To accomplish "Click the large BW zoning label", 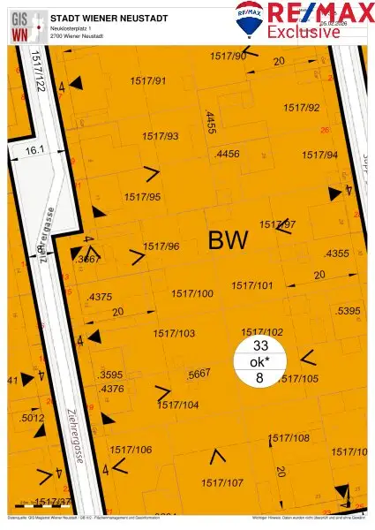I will pos(229,239).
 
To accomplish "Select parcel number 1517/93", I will pos(159,136).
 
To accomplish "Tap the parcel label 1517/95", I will pos(142,196).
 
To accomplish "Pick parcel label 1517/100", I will pos(191,292).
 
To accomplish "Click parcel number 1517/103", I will pos(174,333).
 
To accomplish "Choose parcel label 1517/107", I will pos(221,482).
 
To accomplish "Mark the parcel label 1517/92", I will pos(301,108).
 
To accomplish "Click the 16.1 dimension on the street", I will pos(34,151).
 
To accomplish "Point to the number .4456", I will pos(227,154).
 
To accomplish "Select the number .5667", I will pos(199,375).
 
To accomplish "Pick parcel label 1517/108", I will pos(289,438).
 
